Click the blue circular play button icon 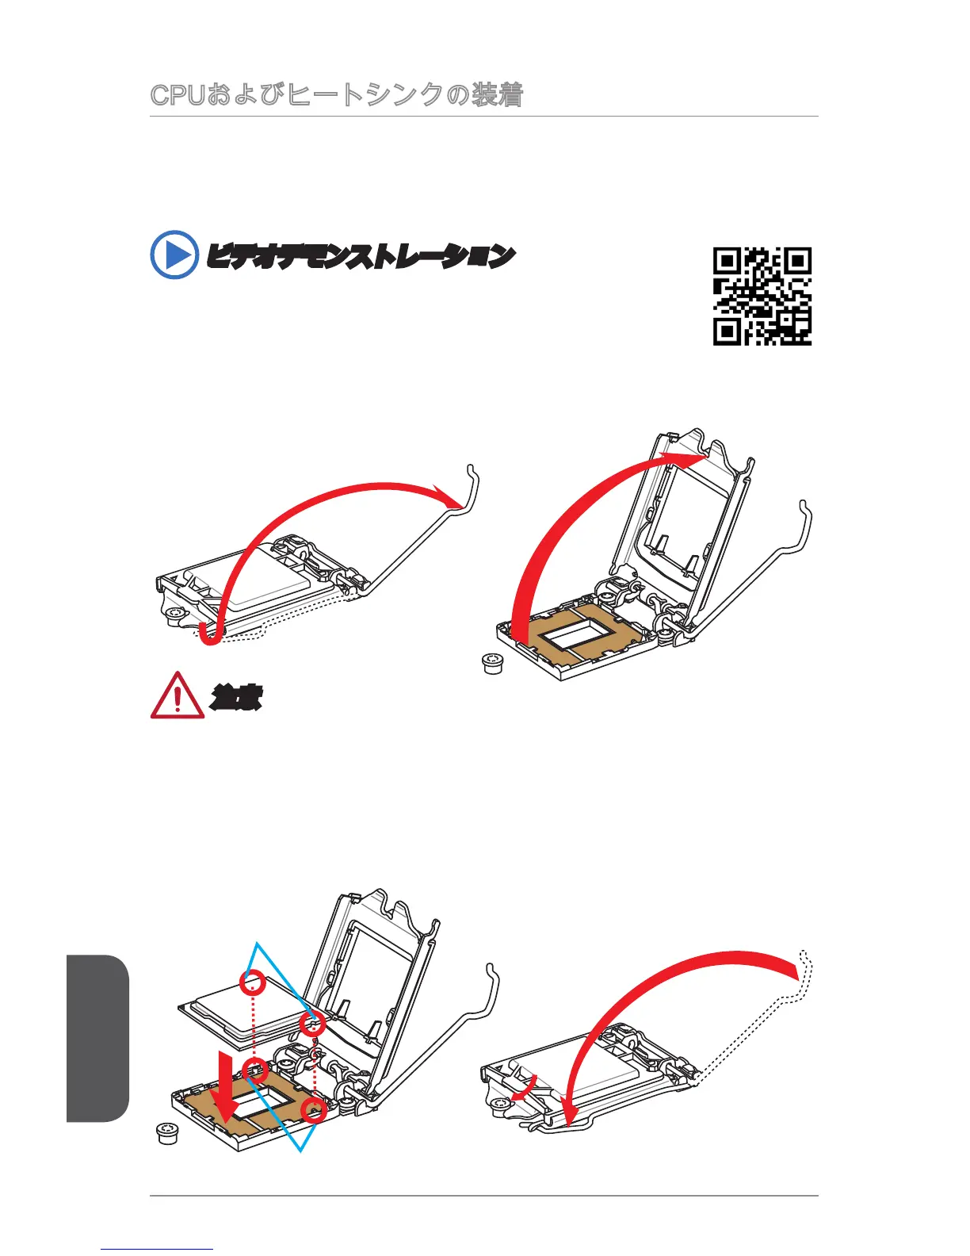[x=174, y=255]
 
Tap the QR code [x=762, y=296]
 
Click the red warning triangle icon [x=177, y=696]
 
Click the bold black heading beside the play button [x=361, y=256]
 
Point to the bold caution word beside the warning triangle [x=236, y=698]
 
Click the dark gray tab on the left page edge [x=97, y=1038]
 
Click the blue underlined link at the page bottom [x=157, y=1249]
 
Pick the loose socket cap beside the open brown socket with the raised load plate [x=494, y=664]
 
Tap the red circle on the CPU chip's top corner [x=253, y=982]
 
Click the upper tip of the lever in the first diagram [x=472, y=468]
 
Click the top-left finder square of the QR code [x=727, y=261]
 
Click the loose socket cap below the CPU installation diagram [x=166, y=1134]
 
